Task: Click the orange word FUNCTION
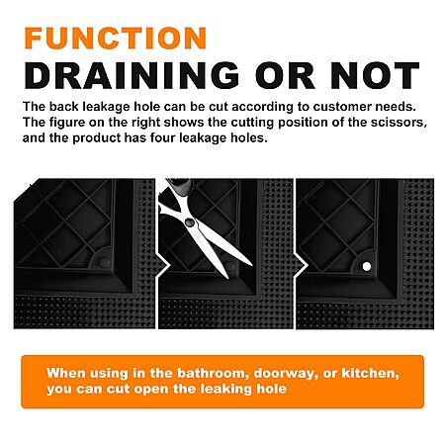point(116,38)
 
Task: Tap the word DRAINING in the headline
point(132,75)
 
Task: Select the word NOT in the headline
point(375,75)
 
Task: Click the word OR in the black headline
point(285,75)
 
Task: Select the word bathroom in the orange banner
point(214,373)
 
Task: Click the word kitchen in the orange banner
point(370,373)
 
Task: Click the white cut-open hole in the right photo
point(367,266)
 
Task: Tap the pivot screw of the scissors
point(190,222)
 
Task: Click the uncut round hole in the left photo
point(105,262)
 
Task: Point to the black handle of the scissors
point(179,186)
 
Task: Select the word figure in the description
point(64,123)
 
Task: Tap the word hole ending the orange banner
point(272,389)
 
